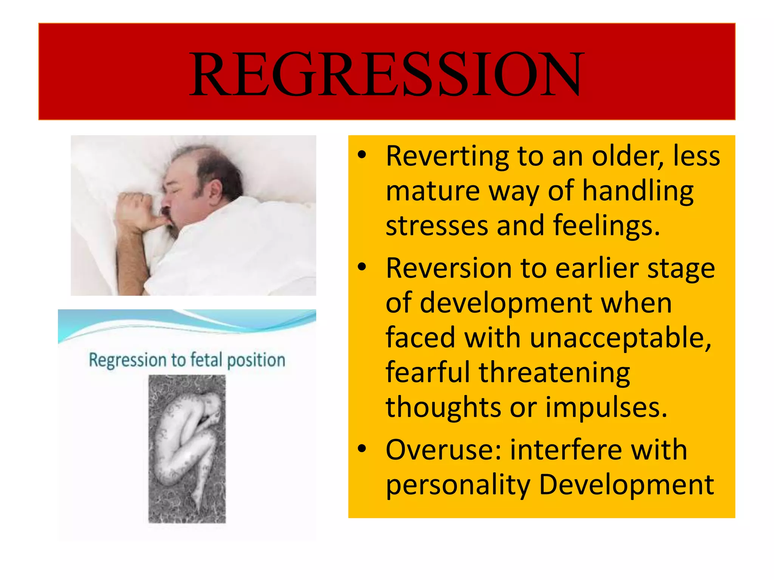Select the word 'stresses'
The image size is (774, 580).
click(437, 226)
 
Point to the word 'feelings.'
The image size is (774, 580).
click(606, 226)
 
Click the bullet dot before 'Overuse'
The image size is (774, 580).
click(362, 449)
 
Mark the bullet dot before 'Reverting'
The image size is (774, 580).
click(362, 155)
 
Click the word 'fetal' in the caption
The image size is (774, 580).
click(206, 360)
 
